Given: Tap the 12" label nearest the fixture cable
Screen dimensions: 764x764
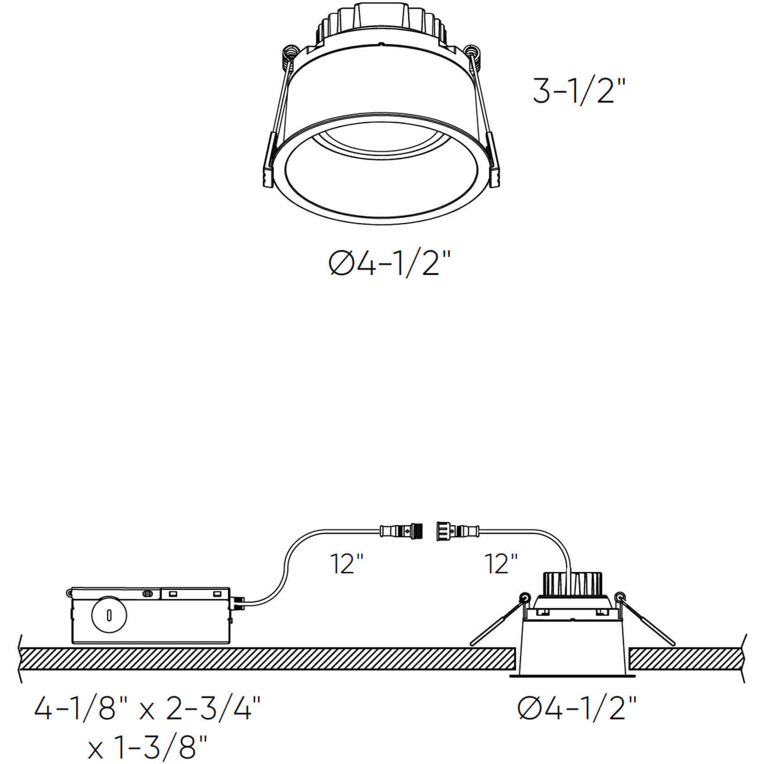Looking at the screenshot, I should pyautogui.click(x=501, y=563).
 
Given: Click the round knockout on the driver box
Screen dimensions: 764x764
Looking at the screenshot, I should pyautogui.click(x=109, y=615).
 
